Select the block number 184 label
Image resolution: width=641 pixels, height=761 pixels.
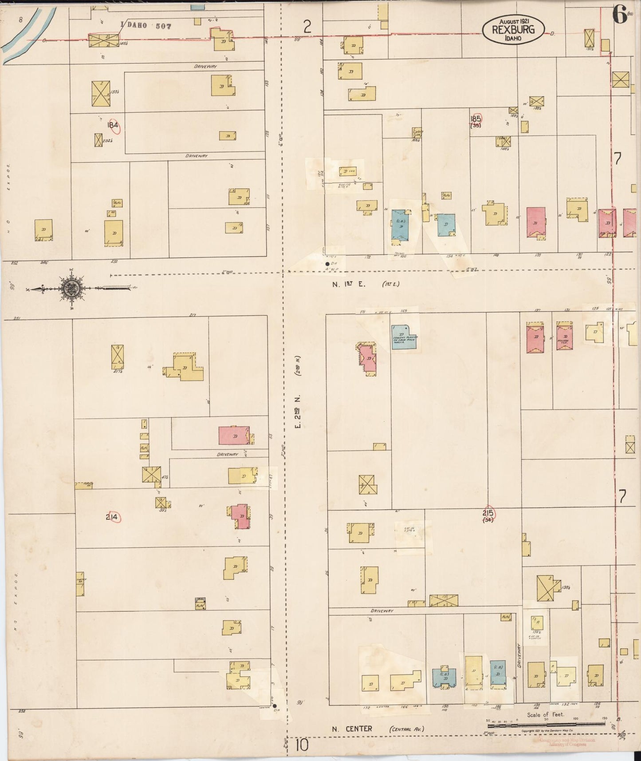click(113, 126)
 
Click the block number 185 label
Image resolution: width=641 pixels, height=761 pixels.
click(476, 119)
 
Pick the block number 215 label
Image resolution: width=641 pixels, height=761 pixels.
click(488, 513)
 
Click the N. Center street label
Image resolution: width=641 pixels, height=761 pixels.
click(352, 729)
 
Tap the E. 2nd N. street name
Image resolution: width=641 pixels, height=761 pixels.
click(299, 412)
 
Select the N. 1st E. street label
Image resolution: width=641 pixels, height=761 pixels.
click(349, 285)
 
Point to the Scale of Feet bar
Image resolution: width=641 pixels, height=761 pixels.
click(546, 724)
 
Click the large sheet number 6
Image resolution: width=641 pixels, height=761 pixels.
click(619, 15)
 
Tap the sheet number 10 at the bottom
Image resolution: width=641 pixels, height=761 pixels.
click(301, 745)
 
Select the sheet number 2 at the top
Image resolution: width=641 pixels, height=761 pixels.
click(307, 28)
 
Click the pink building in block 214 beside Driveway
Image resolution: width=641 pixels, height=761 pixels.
click(234, 436)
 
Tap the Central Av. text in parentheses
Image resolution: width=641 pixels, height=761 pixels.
click(406, 729)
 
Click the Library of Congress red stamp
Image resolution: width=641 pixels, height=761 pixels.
click(567, 742)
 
